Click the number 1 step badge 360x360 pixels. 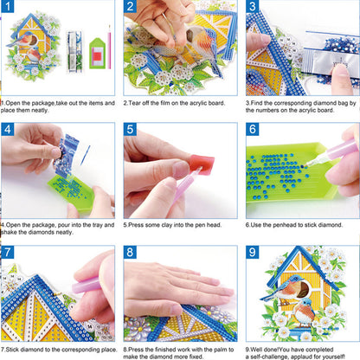click(9, 9)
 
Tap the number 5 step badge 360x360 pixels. click(131, 131)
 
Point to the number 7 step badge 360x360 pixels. click(9, 253)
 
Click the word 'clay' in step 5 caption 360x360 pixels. click(171, 224)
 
